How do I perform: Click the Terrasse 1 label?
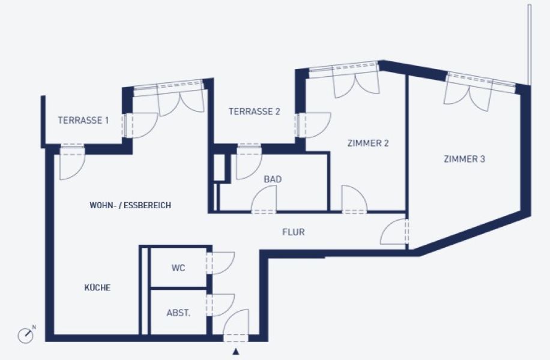point(83,120)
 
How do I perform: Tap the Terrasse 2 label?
point(255,112)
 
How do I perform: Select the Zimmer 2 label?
point(368,143)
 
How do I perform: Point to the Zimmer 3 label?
point(464,159)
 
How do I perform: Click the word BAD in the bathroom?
point(273,179)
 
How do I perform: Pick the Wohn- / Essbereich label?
point(130,205)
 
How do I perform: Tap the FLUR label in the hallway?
point(293,232)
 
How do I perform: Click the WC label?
point(178,268)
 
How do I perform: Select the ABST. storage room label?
point(178,313)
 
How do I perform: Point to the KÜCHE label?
point(97,287)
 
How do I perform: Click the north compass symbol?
point(26,335)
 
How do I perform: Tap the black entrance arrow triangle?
point(236,352)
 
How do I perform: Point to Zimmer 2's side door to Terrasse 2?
point(314,125)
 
